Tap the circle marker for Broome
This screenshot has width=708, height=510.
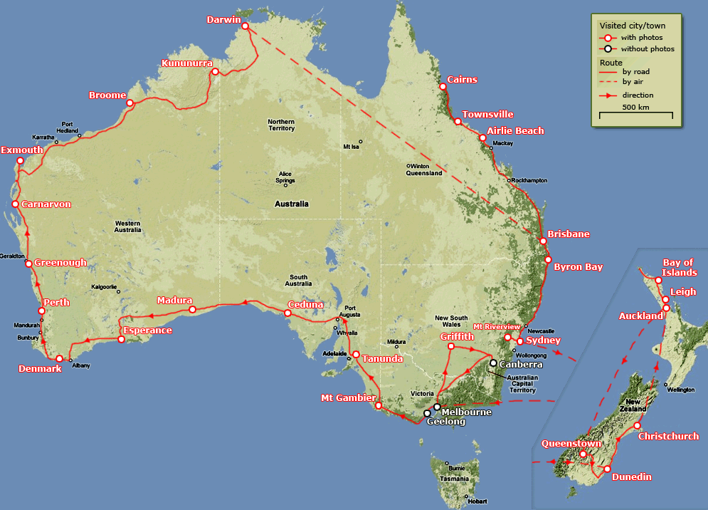[x=130, y=103]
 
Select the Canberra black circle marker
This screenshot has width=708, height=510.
[x=493, y=363]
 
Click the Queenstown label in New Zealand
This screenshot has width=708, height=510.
[x=571, y=443]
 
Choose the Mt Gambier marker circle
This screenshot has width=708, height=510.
[x=379, y=406]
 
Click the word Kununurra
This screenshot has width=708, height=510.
[x=186, y=63]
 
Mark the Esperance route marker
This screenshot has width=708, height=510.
[x=121, y=339]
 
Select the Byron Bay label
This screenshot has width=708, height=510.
[x=578, y=267]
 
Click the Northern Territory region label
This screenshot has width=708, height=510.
[x=281, y=125]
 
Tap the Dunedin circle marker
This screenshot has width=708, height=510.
[x=606, y=469]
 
